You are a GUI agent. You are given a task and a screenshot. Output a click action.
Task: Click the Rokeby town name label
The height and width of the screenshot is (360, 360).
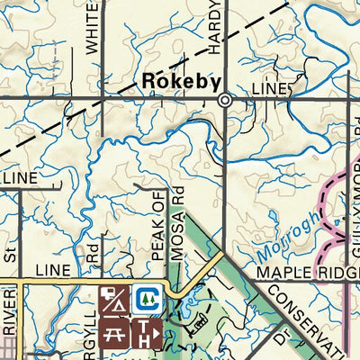click(x=181, y=81)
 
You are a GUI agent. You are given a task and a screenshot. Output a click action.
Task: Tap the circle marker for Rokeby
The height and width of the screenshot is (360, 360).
click(x=225, y=101)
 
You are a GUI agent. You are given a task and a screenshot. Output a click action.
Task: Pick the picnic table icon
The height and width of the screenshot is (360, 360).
click(x=114, y=333)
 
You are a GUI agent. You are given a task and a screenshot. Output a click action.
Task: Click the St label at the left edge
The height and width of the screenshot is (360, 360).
click(x=10, y=257)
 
